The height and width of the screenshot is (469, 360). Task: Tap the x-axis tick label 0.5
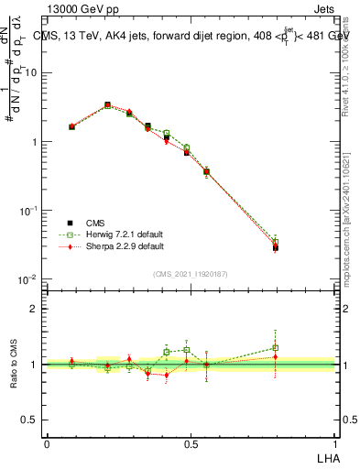point(191,443)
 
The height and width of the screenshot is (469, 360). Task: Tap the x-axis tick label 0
point(47,443)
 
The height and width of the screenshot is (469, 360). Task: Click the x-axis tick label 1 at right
point(335,443)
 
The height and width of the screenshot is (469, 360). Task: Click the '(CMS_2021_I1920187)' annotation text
point(191,273)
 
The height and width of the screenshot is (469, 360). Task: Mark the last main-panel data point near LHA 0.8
point(276,247)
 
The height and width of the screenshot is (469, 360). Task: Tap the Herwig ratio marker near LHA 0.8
point(276,348)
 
